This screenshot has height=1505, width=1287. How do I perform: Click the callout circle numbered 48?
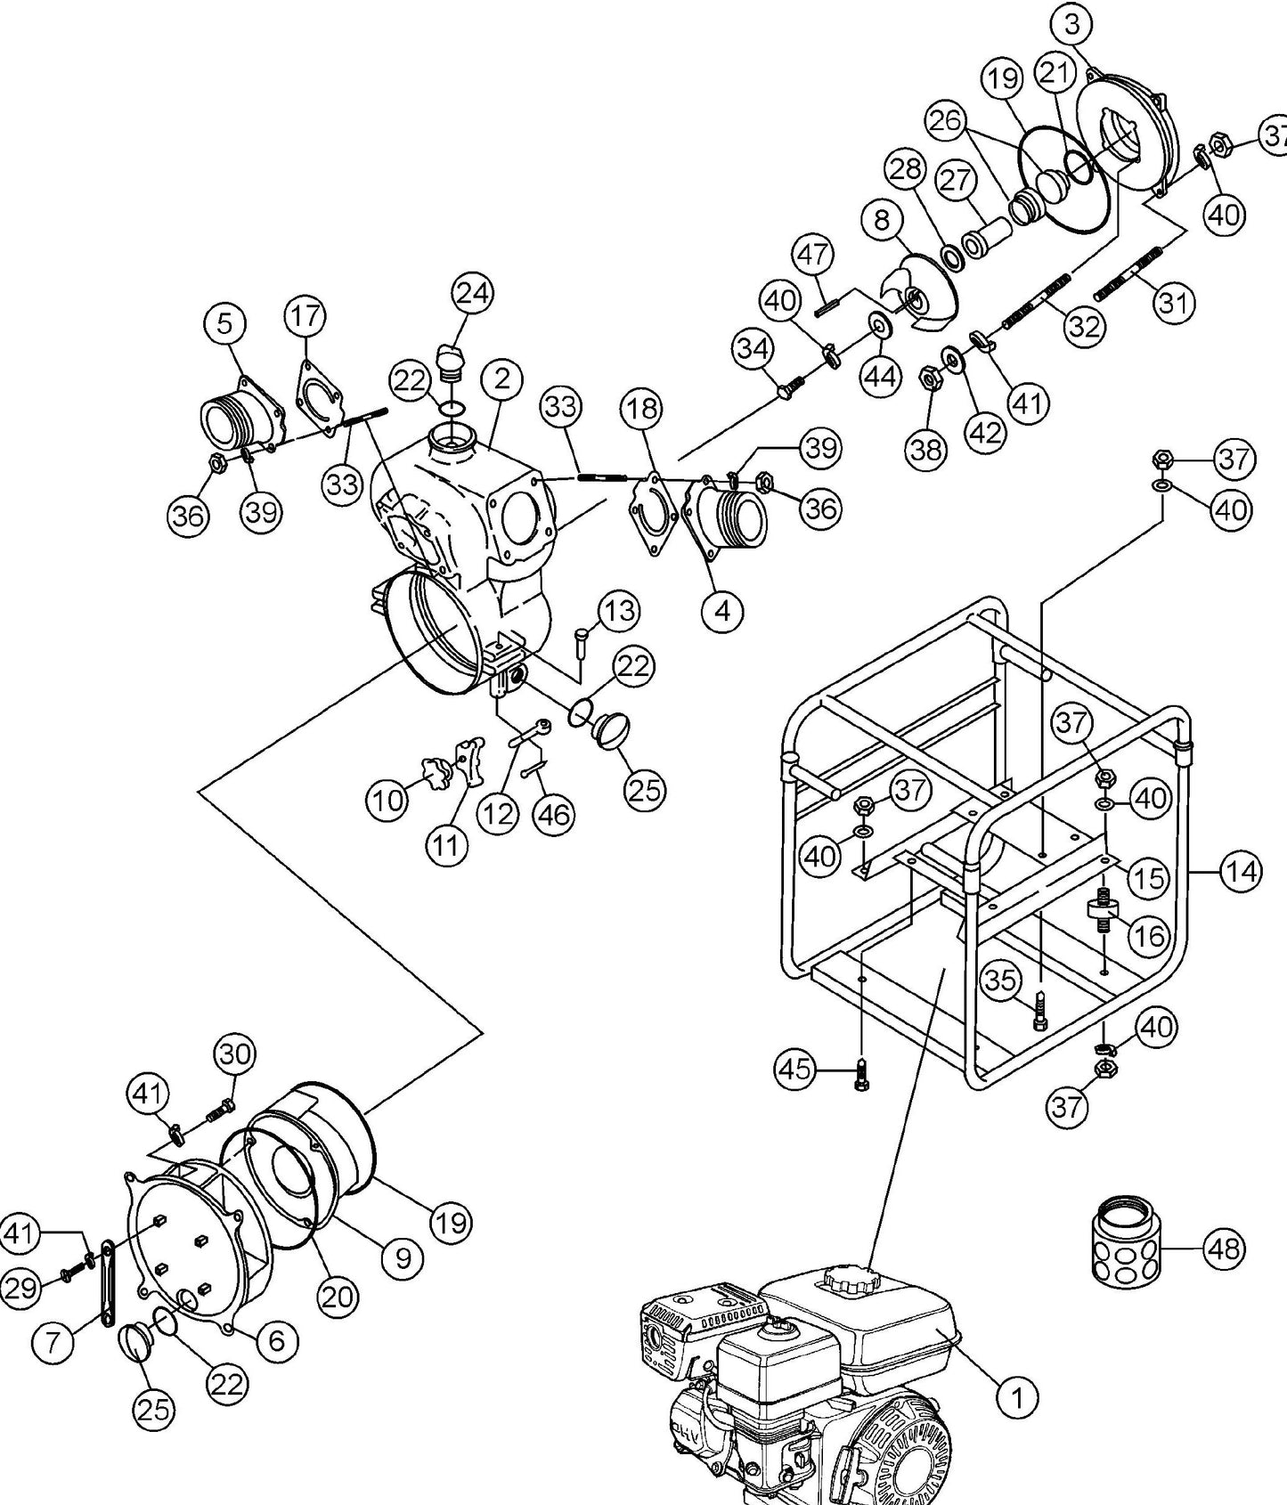1224,1249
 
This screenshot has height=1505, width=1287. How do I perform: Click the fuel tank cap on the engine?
844,1281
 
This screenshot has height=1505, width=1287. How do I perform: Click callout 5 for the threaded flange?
224,324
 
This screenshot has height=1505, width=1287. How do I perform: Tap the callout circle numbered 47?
811,255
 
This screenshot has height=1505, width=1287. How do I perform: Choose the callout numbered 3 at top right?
1071,26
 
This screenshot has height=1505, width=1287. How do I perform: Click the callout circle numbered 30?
235,1053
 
